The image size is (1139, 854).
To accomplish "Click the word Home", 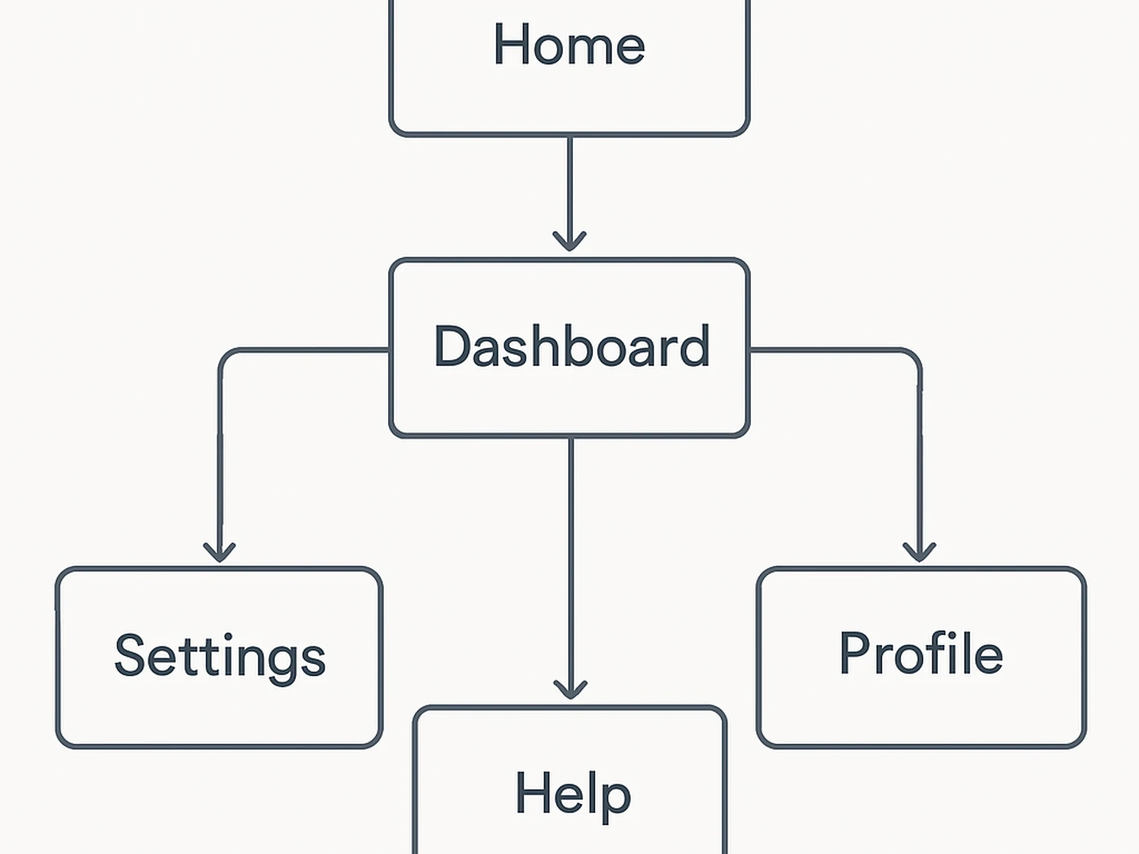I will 569,44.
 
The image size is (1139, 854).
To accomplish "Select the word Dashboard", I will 572,347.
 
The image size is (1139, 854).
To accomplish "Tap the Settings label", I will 220,656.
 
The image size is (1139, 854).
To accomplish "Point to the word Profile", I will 921,653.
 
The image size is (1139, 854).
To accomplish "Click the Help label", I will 573,794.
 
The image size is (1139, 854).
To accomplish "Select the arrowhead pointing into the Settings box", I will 219,552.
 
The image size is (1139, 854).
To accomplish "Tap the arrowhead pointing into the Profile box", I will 919,552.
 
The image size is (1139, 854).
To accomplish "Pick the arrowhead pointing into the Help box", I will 570,690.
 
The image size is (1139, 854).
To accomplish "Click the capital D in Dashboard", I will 452,347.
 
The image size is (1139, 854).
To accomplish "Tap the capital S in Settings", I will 130,655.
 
